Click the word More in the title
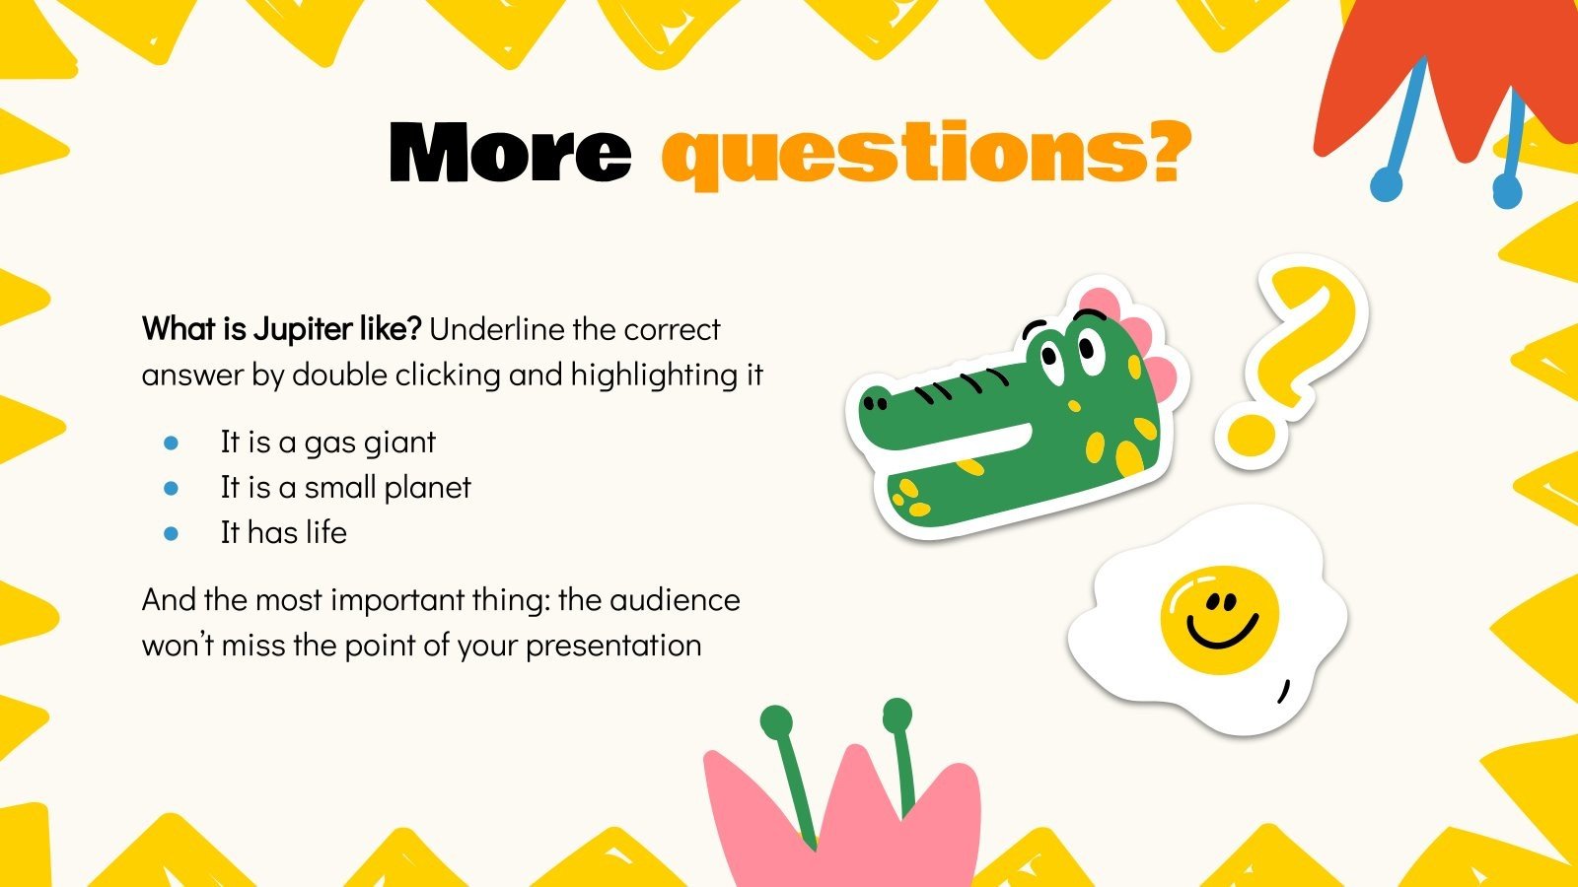click(x=510, y=153)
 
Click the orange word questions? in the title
click(x=925, y=155)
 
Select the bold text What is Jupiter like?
click(x=282, y=329)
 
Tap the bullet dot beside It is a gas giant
click(x=172, y=443)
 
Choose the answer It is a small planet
click(x=345, y=488)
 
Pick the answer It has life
click(x=283, y=533)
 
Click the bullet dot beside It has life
click(x=172, y=533)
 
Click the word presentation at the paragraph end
click(x=612, y=646)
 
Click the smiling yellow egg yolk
click(x=1219, y=619)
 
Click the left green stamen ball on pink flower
click(x=776, y=720)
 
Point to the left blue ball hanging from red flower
click(x=1387, y=183)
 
